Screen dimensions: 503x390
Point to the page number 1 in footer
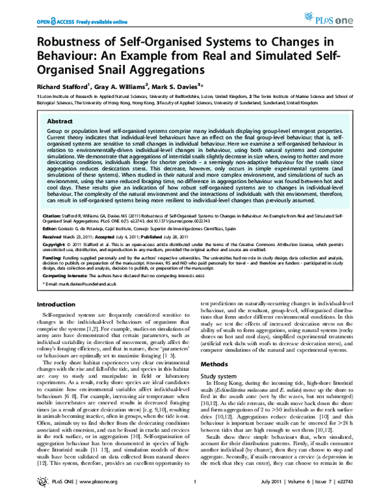(x=195, y=495)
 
